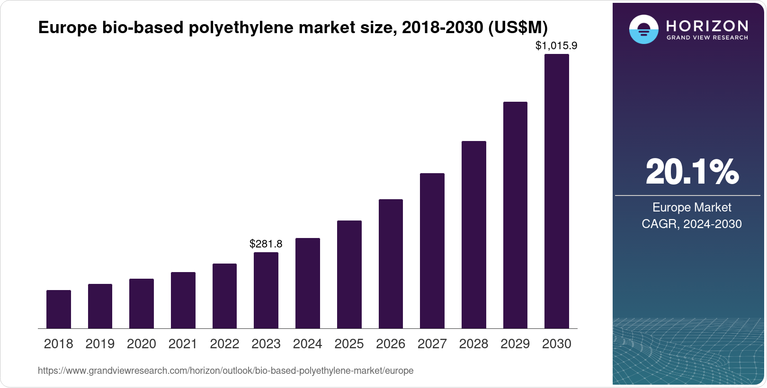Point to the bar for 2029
pyautogui.click(x=515, y=215)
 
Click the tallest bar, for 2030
pyautogui.click(x=557, y=191)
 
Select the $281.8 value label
pyautogui.click(x=266, y=244)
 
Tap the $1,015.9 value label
pyautogui.click(x=556, y=46)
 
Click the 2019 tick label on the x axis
pyautogui.click(x=100, y=344)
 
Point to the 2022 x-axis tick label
pyautogui.click(x=224, y=344)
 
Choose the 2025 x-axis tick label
pyautogui.click(x=349, y=344)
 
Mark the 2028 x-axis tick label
pyautogui.click(x=473, y=344)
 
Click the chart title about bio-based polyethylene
pyautogui.click(x=293, y=28)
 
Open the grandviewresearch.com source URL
pyautogui.click(x=225, y=371)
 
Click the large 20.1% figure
pyautogui.click(x=692, y=172)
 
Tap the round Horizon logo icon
pyautogui.click(x=643, y=29)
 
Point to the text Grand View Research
pyautogui.click(x=707, y=37)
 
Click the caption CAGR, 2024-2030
pyautogui.click(x=692, y=224)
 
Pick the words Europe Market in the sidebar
pyautogui.click(x=692, y=207)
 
